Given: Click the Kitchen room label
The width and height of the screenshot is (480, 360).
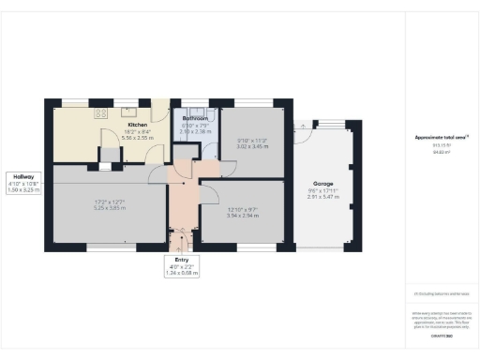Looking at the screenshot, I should (138, 124).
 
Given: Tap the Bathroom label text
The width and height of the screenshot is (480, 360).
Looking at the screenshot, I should (195, 118).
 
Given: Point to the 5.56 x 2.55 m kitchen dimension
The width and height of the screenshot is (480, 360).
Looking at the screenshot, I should (138, 137).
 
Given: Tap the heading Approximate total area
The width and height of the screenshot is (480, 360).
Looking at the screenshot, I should (442, 138).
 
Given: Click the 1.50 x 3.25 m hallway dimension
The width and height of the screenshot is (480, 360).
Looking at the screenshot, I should (24, 189).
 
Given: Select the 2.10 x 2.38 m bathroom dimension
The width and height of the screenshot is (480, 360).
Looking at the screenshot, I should (195, 132).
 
